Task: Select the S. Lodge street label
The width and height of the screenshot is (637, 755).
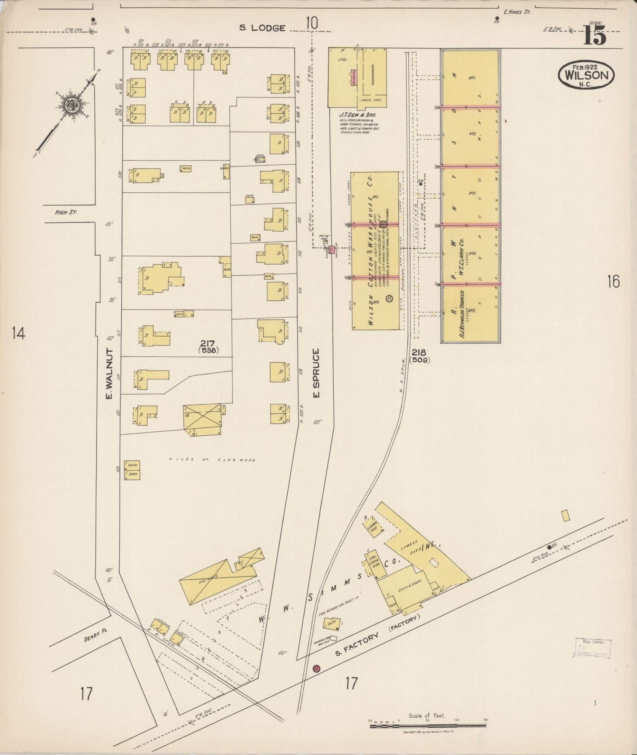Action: (x=263, y=28)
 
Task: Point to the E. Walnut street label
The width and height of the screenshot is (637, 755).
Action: (x=109, y=373)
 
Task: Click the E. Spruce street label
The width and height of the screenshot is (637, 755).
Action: (x=316, y=373)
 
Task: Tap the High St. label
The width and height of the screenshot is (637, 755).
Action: (x=66, y=212)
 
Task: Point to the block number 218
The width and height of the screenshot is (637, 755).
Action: (x=419, y=352)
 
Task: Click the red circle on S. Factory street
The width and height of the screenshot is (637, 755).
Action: (x=316, y=669)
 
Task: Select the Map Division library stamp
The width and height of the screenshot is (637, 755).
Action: (x=592, y=648)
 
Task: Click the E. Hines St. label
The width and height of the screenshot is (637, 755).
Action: (x=517, y=12)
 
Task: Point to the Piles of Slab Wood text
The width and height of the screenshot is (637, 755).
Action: (x=212, y=460)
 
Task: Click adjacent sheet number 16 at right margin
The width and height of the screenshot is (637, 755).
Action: (x=613, y=282)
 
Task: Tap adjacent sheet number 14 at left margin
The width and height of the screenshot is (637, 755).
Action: (x=18, y=333)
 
